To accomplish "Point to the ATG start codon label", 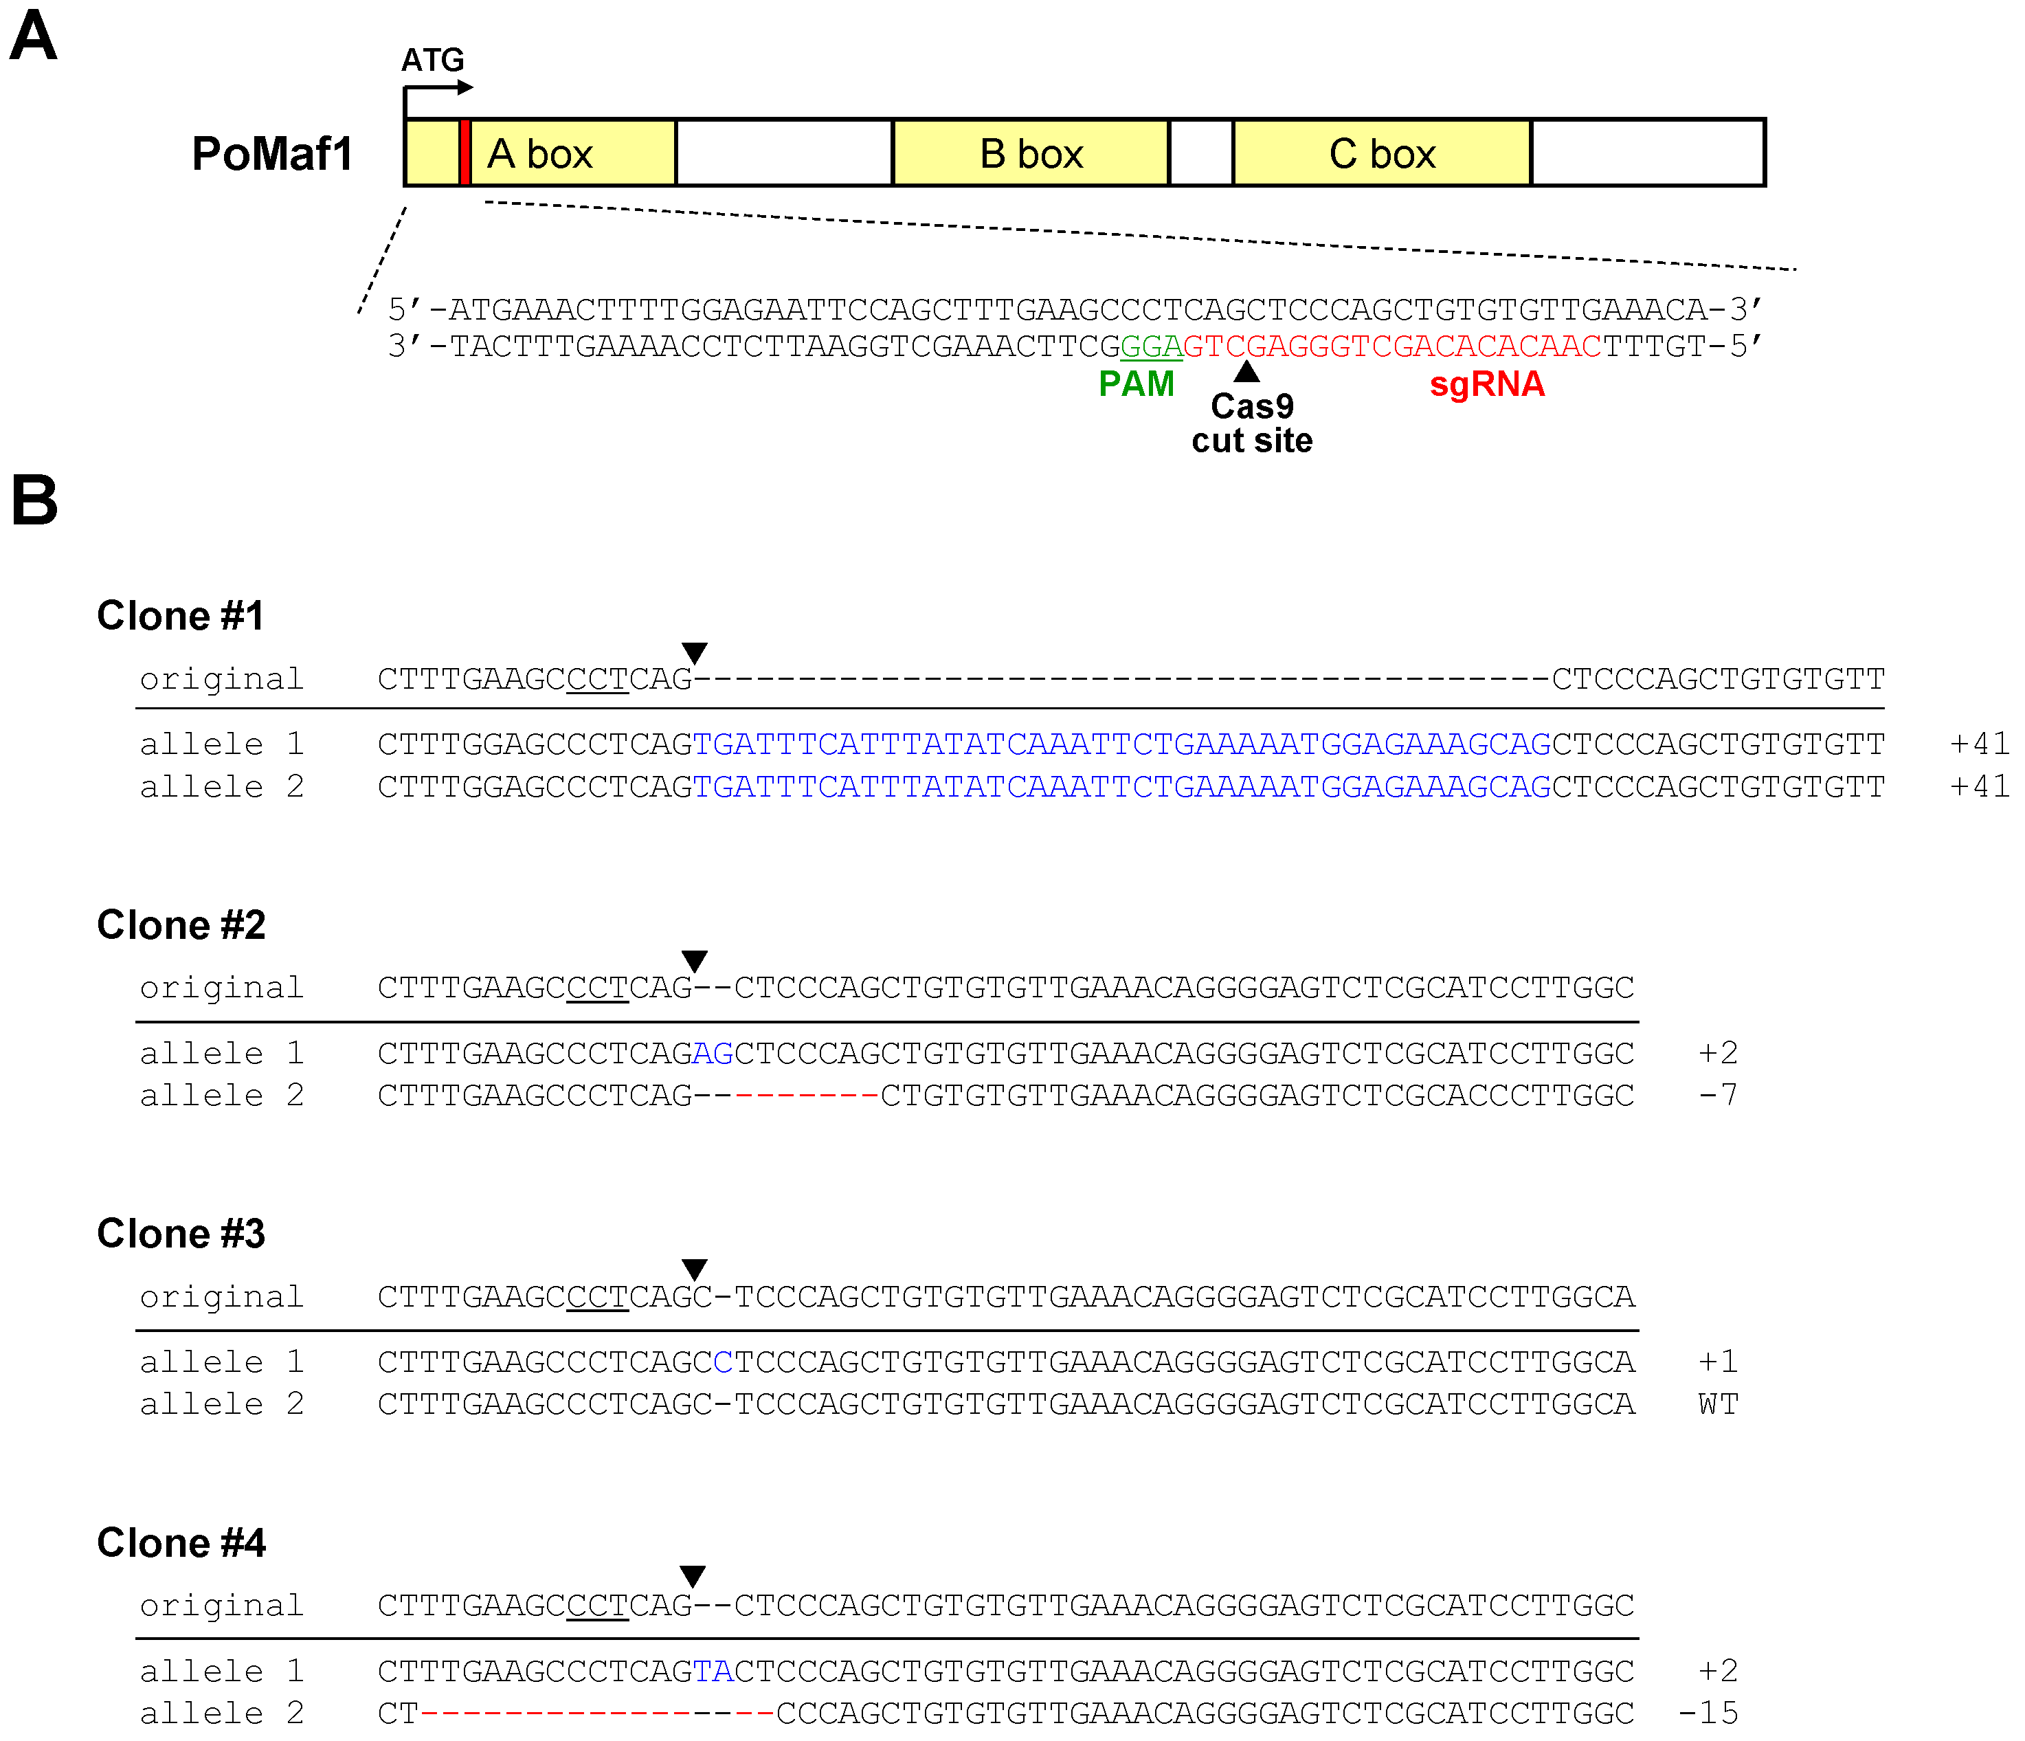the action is tap(432, 60).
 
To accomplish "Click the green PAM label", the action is tap(1136, 384).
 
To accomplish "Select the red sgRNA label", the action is tap(1486, 384).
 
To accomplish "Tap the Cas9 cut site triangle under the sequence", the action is tap(1246, 371).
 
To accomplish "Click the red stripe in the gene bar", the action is tap(465, 153).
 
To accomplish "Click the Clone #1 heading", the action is tap(181, 616).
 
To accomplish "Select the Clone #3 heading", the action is tap(181, 1234).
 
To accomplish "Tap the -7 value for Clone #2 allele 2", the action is tap(1717, 1095).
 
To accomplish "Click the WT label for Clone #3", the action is tap(1718, 1404).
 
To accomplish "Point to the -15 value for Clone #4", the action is tap(1708, 1713).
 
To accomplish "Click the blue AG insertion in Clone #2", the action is tap(713, 1053).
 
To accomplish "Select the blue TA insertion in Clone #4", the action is tap(713, 1671).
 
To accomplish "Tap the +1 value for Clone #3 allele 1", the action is tap(1717, 1362).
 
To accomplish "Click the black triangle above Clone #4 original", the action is tap(693, 1576).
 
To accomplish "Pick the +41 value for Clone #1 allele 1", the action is tap(1979, 744).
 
